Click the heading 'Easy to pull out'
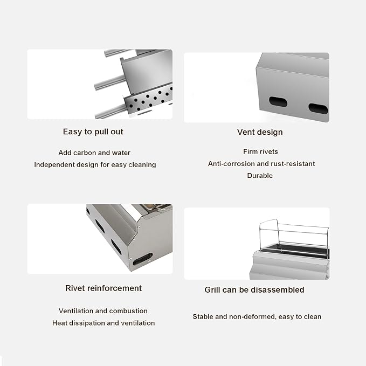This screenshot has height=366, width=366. (93, 132)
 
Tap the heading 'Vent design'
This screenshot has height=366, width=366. (260, 132)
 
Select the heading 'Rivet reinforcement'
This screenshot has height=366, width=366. (103, 288)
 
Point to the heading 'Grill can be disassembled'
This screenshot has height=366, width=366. (254, 290)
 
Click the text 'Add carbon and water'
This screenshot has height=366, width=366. (94, 153)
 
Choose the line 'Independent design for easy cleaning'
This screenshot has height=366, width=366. (95, 165)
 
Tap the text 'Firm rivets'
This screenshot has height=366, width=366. (260, 151)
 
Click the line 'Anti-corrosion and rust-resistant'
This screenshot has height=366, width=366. (261, 164)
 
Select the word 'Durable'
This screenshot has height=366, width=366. (260, 176)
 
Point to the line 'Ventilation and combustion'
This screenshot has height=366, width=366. (103, 311)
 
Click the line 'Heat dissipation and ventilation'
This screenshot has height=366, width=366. (103, 323)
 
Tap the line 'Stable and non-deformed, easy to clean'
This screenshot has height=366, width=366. (257, 317)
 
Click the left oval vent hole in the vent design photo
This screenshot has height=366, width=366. (278, 101)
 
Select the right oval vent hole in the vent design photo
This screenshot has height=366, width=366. (318, 109)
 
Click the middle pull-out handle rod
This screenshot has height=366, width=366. (110, 82)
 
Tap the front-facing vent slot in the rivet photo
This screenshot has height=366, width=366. (143, 259)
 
